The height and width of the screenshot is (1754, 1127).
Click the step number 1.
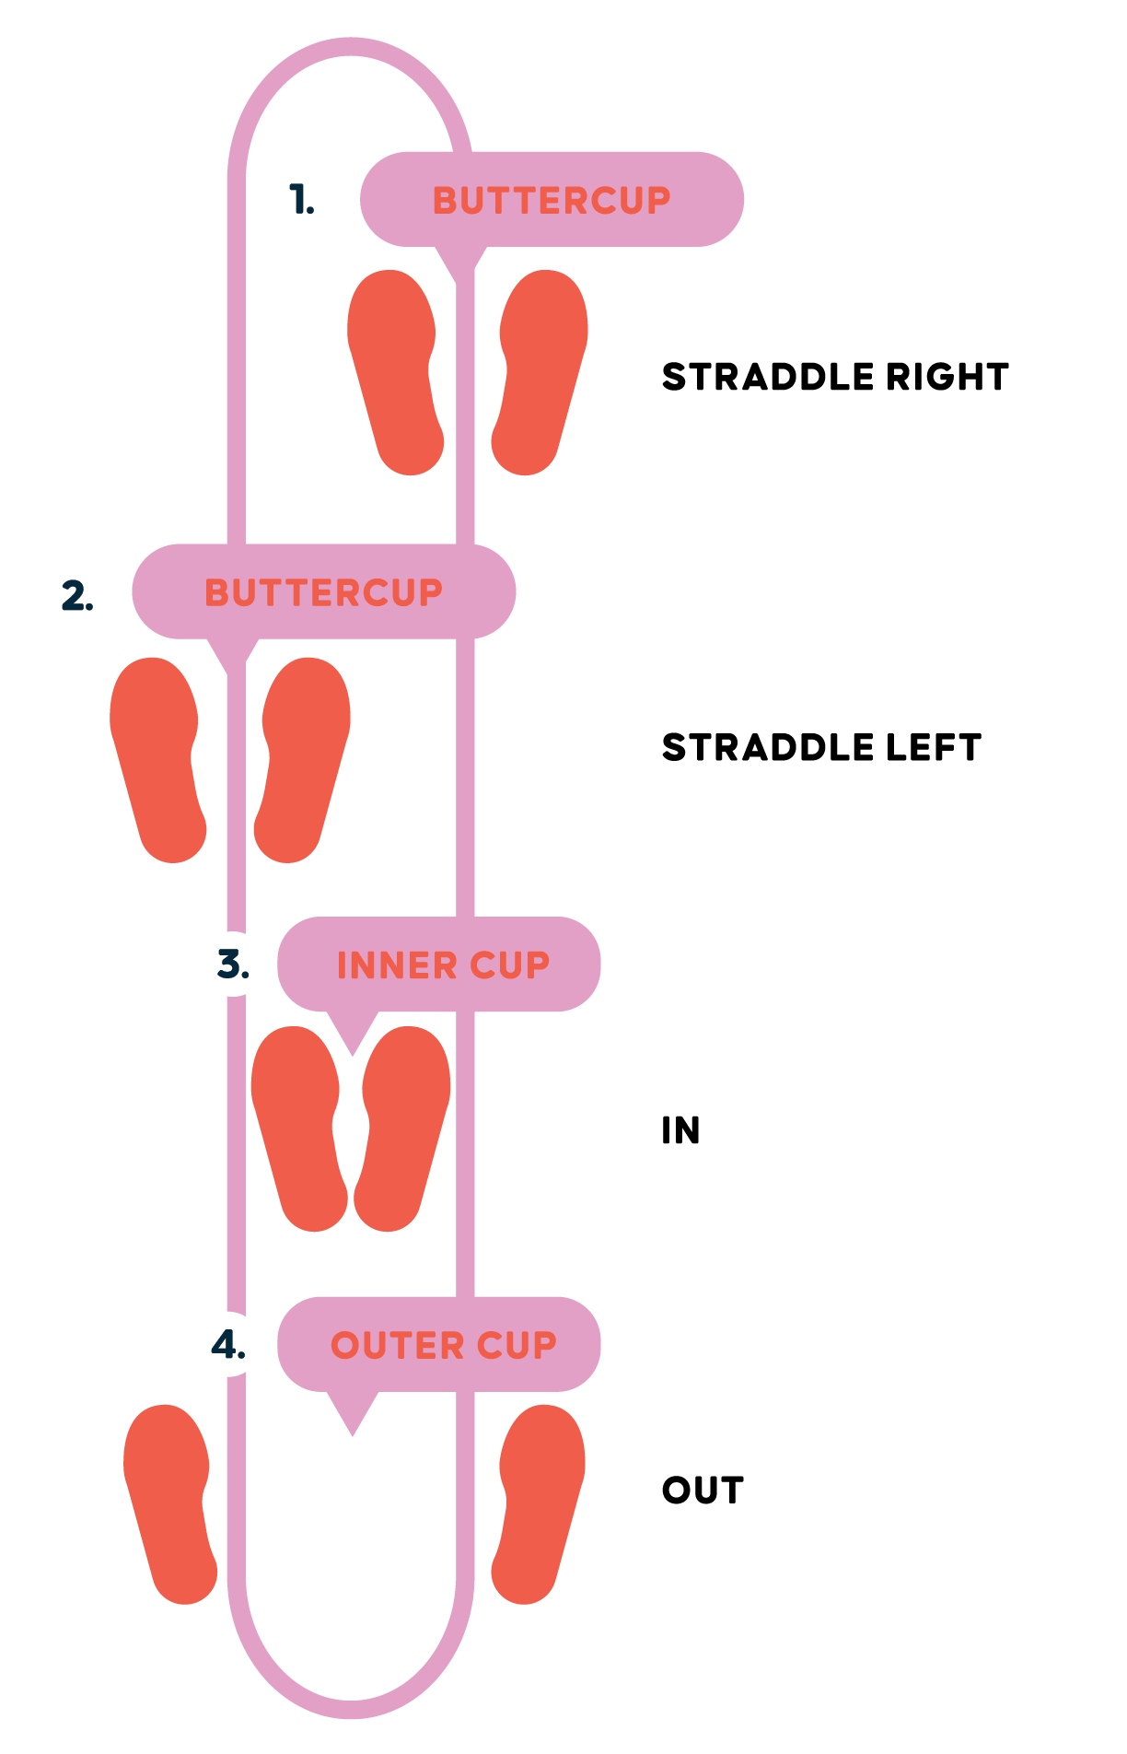(301, 200)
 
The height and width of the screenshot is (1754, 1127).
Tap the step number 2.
(77, 595)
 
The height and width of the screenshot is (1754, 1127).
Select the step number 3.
(233, 965)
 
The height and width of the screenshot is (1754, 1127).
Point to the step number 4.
(228, 1345)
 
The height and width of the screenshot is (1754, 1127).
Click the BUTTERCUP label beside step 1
(552, 200)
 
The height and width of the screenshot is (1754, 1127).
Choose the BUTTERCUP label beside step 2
(323, 592)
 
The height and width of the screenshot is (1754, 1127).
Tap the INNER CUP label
(443, 965)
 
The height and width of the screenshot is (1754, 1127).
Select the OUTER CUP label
(443, 1345)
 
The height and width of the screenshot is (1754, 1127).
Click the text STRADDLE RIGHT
(835, 377)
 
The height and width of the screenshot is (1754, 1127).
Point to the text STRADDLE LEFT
(821, 747)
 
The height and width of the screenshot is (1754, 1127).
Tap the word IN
(680, 1130)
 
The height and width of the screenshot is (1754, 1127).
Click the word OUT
(703, 1491)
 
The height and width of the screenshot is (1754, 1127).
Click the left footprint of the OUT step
(170, 1503)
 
